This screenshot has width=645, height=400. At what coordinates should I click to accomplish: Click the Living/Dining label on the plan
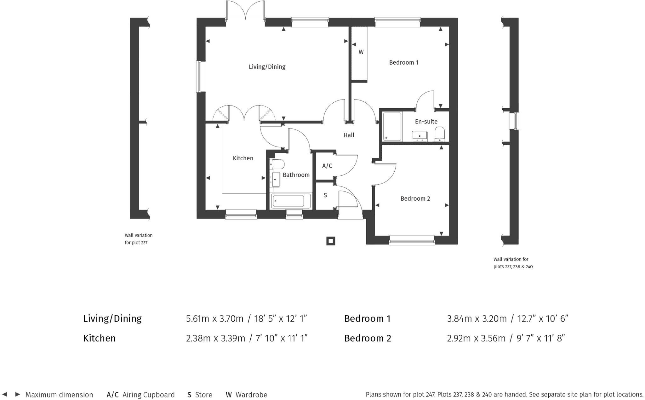[267, 67]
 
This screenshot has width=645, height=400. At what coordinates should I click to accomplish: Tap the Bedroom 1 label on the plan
[403, 63]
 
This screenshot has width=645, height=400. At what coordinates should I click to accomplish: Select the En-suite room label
[426, 122]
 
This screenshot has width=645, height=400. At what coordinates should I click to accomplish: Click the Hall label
[349, 135]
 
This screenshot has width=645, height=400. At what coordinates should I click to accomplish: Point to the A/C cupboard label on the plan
[327, 166]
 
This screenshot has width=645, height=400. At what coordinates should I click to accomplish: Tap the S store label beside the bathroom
[325, 196]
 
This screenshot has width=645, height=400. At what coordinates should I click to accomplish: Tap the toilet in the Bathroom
[277, 164]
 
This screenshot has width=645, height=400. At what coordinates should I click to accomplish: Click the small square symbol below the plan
[330, 241]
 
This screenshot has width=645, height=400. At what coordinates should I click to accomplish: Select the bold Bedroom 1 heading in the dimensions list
[367, 319]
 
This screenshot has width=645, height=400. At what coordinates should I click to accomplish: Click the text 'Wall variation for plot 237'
[139, 239]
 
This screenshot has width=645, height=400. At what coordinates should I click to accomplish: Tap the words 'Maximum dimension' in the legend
[59, 395]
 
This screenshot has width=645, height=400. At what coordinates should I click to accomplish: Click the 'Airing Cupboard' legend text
[148, 395]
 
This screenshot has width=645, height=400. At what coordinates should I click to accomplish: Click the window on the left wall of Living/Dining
[201, 77]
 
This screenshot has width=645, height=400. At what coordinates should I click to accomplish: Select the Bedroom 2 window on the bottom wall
[412, 240]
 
